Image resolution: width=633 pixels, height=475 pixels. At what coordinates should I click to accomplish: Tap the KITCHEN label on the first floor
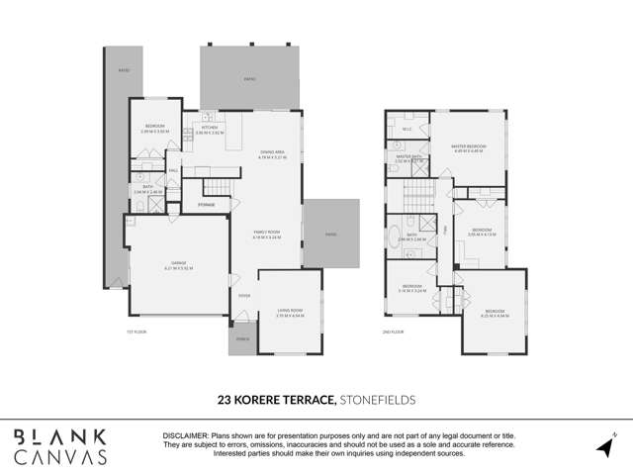210,128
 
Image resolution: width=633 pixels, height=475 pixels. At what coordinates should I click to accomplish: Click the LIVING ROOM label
289,313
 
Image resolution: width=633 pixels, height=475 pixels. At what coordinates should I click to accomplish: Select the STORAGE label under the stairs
206,205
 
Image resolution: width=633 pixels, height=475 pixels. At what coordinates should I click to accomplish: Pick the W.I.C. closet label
407,129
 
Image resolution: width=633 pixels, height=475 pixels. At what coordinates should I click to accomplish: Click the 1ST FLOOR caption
135,331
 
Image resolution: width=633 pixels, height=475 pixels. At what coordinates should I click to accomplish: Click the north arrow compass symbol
605,445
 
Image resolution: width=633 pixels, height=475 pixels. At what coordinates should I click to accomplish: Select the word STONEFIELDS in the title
378,400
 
